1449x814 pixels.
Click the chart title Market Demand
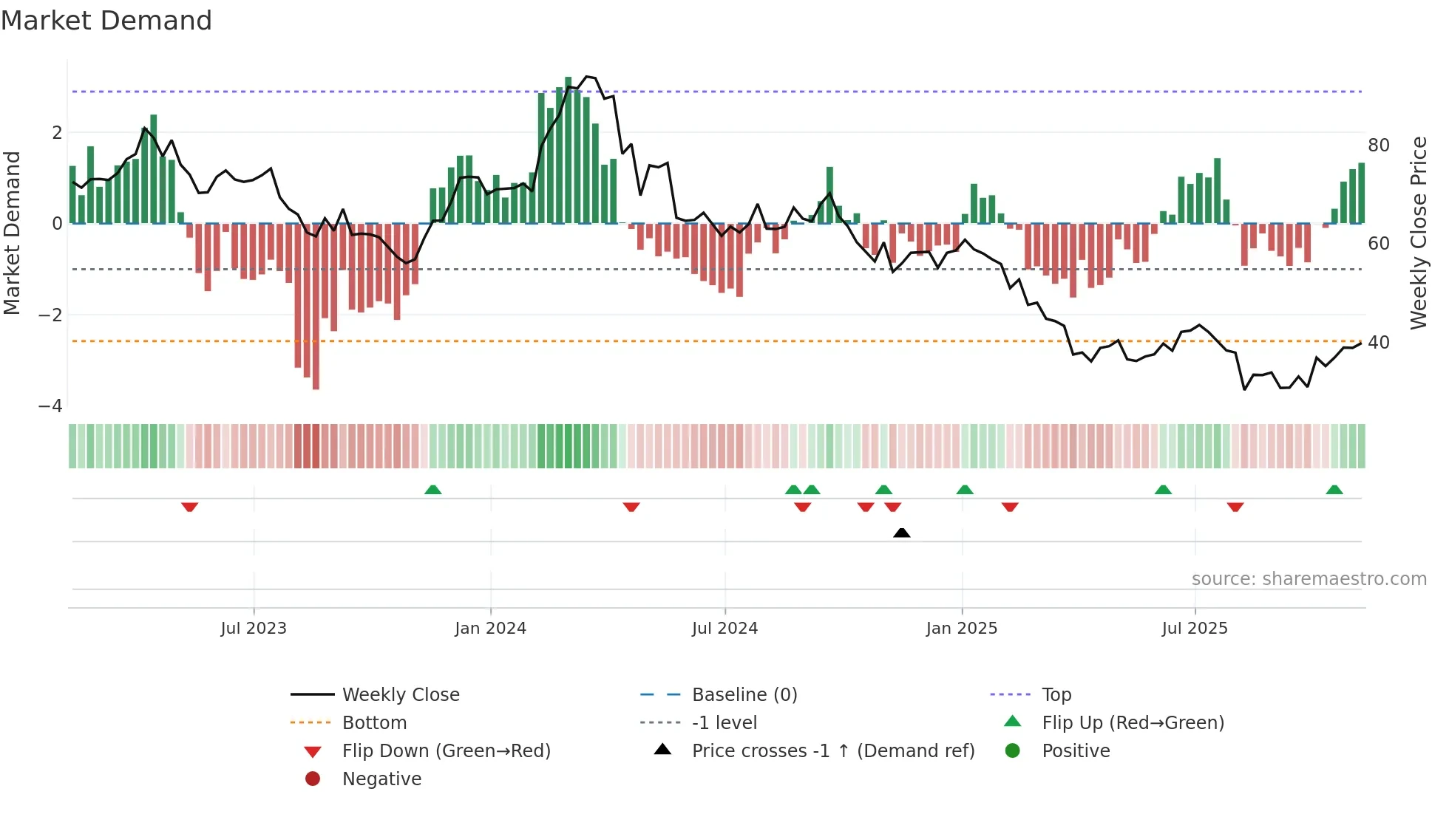coord(106,21)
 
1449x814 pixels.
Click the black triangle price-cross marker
coord(901,533)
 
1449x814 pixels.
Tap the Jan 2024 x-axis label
coord(490,629)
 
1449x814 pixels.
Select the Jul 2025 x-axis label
coord(1194,629)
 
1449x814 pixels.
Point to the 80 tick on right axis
coord(1378,146)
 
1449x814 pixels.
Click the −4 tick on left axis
coord(50,406)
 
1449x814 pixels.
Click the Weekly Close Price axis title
coord(1418,233)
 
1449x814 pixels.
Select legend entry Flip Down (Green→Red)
coord(446,751)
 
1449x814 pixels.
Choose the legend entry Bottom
coord(374,723)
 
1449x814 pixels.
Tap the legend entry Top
coord(1056,695)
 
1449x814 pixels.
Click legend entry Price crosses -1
coord(833,751)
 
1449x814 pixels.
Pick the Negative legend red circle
coord(313,779)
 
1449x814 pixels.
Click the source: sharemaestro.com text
coord(1309,579)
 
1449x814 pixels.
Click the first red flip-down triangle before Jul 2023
coord(189,507)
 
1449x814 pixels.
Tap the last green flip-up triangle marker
coord(1334,490)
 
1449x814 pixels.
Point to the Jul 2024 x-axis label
coord(724,629)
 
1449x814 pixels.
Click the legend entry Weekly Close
coord(400,695)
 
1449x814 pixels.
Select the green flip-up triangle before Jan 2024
coord(433,490)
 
